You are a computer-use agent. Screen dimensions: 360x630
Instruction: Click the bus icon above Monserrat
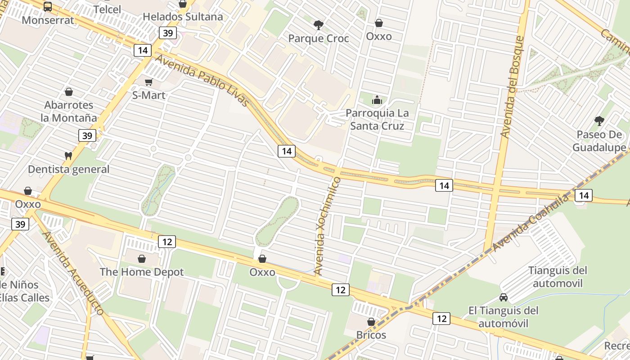[48, 7]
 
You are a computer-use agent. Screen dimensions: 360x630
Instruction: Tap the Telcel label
[107, 9]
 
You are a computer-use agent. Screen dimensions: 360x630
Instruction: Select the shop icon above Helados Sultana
[183, 4]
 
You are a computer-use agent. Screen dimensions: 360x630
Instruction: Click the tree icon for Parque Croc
[319, 25]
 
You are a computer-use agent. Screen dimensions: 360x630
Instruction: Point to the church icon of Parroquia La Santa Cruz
[377, 99]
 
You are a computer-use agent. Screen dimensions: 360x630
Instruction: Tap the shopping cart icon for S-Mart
[148, 82]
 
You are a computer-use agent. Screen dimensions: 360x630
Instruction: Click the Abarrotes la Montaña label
[69, 111]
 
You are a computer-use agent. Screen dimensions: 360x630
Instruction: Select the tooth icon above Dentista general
[68, 156]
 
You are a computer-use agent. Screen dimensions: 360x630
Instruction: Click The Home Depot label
[142, 272]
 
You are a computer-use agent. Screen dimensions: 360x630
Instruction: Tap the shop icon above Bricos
[371, 322]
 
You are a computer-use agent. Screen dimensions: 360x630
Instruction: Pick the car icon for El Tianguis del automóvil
[504, 297]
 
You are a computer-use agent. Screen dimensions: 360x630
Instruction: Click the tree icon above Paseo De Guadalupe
[599, 121]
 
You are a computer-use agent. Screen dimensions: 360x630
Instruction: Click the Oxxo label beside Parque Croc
[379, 36]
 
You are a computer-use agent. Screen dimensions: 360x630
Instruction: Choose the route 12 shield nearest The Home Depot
[167, 242]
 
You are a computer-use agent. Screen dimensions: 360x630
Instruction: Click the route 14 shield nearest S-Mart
[142, 50]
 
